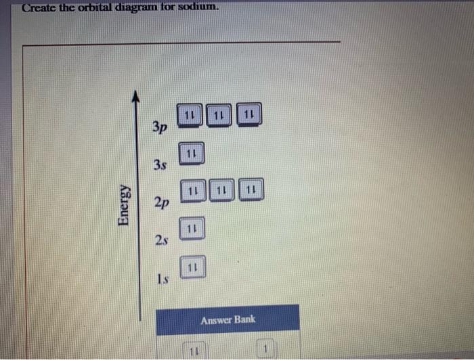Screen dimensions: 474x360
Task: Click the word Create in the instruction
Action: pyautogui.click(x=37, y=8)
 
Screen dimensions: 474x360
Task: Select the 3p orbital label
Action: pyautogui.click(x=160, y=127)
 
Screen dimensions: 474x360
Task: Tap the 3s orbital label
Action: pyautogui.click(x=160, y=164)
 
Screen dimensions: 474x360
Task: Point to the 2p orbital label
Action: pyautogui.click(x=161, y=202)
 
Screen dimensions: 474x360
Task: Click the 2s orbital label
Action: pyautogui.click(x=160, y=240)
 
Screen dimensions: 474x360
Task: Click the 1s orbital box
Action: pyautogui.click(x=192, y=267)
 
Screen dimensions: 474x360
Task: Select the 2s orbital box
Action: pyautogui.click(x=192, y=229)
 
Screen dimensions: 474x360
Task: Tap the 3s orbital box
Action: pyautogui.click(x=192, y=154)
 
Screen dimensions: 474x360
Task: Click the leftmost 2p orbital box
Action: pyautogui.click(x=193, y=190)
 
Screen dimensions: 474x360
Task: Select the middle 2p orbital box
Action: pyautogui.click(x=222, y=190)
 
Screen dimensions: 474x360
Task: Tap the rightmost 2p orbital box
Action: pyautogui.click(x=251, y=190)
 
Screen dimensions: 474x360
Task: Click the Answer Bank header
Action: pyautogui.click(x=228, y=319)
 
